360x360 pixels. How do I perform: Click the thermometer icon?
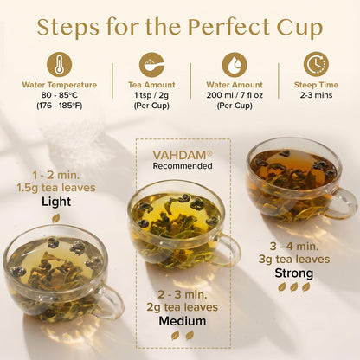pos(60,64)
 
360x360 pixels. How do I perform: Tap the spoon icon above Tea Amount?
pos(151,64)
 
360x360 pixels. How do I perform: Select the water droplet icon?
pos(235,64)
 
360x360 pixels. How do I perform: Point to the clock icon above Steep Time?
pos(316,64)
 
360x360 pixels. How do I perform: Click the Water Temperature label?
pos(60,85)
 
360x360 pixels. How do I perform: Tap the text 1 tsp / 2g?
pos(151,95)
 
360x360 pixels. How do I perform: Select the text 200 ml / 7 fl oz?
pos(235,95)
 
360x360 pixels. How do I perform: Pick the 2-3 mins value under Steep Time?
pos(316,95)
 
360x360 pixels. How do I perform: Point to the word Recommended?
pos(183,166)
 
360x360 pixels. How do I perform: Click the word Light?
pos(56,202)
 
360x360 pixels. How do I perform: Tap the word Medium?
pos(183,321)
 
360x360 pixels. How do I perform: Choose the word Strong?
pos(294,273)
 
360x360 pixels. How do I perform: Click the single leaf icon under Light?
pos(55,218)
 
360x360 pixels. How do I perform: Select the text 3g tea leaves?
pos(294,259)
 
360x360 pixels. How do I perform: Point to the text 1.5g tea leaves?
pos(56,188)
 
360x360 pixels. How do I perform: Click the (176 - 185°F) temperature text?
pos(60,106)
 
